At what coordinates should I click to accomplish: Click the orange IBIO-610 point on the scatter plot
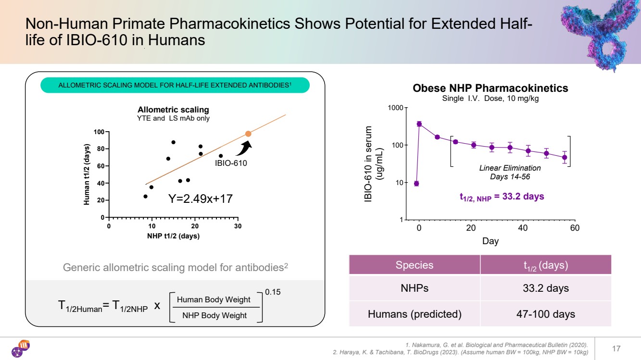pos(248,134)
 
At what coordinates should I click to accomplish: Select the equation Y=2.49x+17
pos(200,198)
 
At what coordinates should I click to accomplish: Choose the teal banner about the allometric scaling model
pos(175,86)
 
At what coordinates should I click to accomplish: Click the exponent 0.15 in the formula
pos(273,292)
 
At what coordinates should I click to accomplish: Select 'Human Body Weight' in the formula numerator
pos(214,299)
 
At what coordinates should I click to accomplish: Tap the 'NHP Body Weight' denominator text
pos(214,315)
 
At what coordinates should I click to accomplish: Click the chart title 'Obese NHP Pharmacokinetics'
pos(490,88)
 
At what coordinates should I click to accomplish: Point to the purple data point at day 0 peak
pos(419,124)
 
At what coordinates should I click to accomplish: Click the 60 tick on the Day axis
pos(575,228)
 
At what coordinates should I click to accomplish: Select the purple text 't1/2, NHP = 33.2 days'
pos(502,197)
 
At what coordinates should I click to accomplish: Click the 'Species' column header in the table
pos(414,265)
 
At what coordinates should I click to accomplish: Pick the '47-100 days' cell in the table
pos(545,314)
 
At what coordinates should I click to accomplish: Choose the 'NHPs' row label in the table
pos(414,288)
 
